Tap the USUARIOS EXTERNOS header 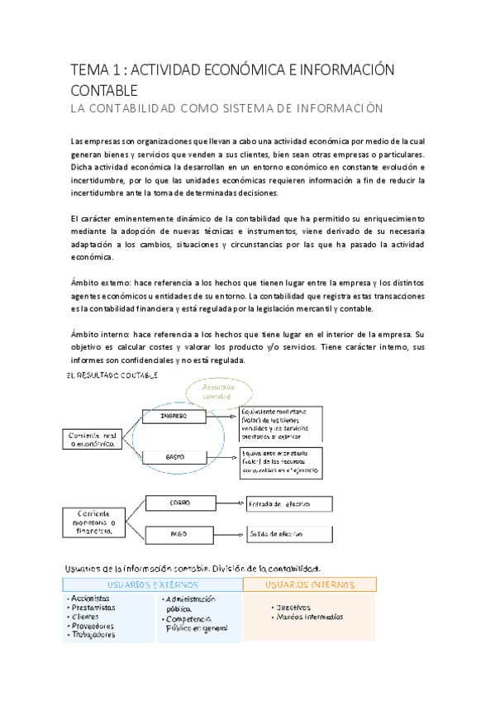pyautogui.click(x=152, y=584)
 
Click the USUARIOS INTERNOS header pyautogui.click(x=309, y=584)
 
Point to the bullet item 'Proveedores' pyautogui.click(x=93, y=626)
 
